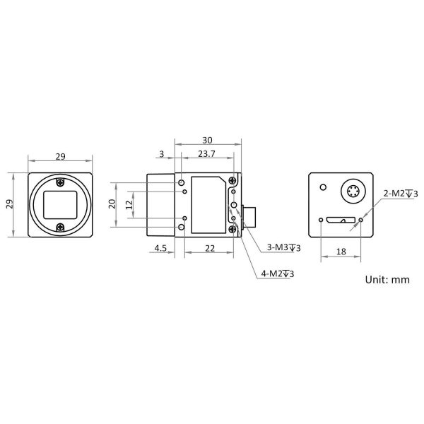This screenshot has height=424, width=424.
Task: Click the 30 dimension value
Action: [x=207, y=140]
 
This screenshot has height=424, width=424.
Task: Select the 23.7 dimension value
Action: [x=206, y=153]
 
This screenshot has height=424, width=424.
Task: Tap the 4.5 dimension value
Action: [x=160, y=248]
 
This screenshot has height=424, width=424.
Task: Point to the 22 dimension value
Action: [x=210, y=248]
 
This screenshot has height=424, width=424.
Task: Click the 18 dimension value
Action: [x=341, y=252]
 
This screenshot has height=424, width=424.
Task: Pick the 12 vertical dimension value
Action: [x=130, y=204]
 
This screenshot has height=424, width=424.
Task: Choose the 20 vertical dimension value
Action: [x=112, y=204]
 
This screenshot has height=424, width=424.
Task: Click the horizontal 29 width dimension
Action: [x=60, y=157]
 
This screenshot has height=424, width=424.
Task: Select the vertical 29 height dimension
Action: [x=9, y=204]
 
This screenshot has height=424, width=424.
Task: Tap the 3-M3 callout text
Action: [x=283, y=247]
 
